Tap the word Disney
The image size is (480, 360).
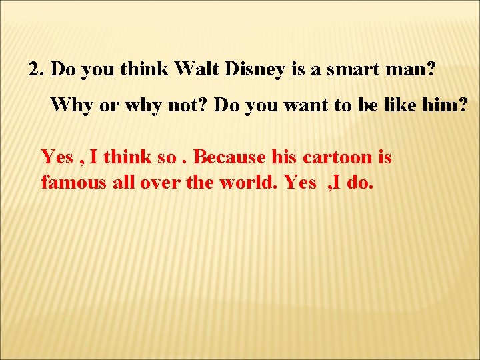(253, 69)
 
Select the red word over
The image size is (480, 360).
(159, 182)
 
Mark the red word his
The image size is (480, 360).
(285, 157)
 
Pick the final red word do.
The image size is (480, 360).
(361, 182)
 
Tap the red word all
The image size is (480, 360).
(122, 182)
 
